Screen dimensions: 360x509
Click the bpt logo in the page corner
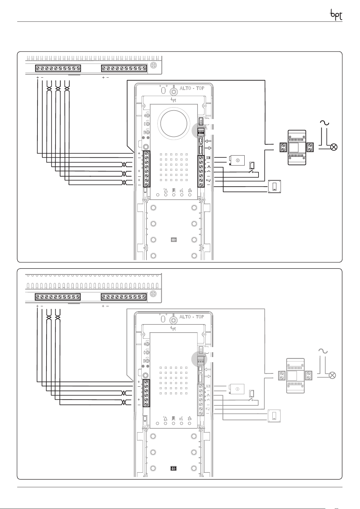[x=336, y=15]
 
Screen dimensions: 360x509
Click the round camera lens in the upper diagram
[x=174, y=123]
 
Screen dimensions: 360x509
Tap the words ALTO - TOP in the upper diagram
[x=192, y=88]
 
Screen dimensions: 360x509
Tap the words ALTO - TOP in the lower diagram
[x=192, y=317]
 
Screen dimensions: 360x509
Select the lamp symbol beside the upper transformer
[x=334, y=147]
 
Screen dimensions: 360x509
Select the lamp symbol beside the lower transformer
[x=332, y=375]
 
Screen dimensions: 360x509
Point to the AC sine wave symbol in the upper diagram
[x=325, y=123]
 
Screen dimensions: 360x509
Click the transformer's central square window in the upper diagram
[x=294, y=147]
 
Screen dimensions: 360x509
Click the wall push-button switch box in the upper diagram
[x=275, y=187]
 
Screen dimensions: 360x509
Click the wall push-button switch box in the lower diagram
[x=274, y=416]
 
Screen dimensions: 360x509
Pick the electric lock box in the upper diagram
[x=237, y=160]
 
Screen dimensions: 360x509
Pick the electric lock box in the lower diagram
[x=236, y=389]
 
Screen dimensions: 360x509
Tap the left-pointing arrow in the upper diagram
[x=208, y=141]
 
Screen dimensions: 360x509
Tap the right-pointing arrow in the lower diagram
[x=207, y=376]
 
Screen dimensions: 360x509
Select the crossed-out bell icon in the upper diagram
[x=190, y=191]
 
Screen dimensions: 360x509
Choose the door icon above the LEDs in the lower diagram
[x=173, y=418]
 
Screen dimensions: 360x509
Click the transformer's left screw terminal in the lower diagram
[x=282, y=375]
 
